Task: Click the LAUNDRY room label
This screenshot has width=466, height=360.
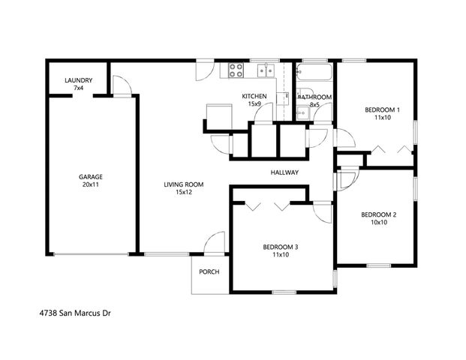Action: [x=78, y=80]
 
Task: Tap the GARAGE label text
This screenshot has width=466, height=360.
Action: [x=90, y=177]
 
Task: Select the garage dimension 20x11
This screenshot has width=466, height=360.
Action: [x=90, y=184]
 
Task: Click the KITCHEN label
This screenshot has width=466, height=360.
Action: [x=254, y=97]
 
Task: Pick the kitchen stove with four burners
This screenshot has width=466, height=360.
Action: [x=236, y=71]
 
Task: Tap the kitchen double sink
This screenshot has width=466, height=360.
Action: [x=264, y=71]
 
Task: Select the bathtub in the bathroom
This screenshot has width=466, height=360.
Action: [x=314, y=73]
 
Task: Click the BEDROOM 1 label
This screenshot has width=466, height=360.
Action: [x=382, y=110]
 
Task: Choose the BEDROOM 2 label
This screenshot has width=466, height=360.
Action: [x=378, y=214]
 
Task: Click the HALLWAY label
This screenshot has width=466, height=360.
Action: [x=285, y=172]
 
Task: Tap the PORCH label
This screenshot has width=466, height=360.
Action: [x=209, y=271]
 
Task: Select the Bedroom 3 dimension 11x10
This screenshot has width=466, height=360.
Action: [x=280, y=255]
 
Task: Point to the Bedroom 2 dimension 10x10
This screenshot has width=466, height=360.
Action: [x=378, y=223]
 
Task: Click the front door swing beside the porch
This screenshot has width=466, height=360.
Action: [x=215, y=242]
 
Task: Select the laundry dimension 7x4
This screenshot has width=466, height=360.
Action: [x=78, y=88]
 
